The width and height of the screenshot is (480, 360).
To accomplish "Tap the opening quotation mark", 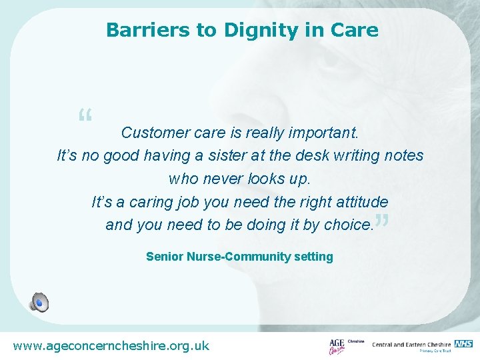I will pyautogui.click(x=85, y=118).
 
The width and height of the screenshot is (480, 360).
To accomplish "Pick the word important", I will pyautogui.click(x=323, y=133).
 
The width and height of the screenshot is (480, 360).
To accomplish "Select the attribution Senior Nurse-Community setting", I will pyautogui.click(x=239, y=257).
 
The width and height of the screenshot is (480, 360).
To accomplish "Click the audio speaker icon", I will pyautogui.click(x=39, y=302).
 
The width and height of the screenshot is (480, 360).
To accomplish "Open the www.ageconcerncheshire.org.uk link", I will pyautogui.click(x=111, y=345).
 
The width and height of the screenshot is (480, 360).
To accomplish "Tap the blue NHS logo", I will pyautogui.click(x=463, y=344).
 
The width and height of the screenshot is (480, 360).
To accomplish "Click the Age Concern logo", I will pyautogui.click(x=337, y=346).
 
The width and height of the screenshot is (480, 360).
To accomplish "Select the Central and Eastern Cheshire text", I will pyautogui.click(x=411, y=345).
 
